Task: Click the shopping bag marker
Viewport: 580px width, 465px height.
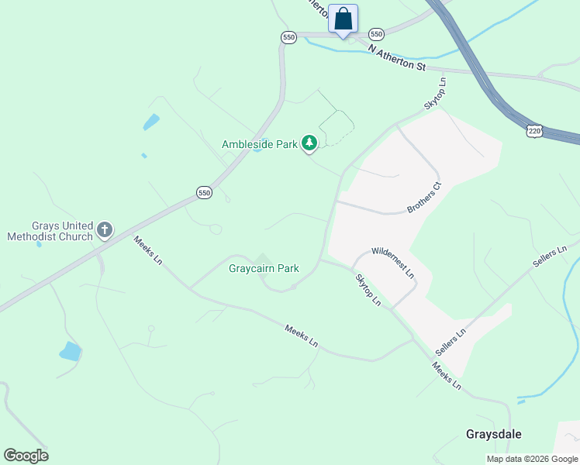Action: point(344,19)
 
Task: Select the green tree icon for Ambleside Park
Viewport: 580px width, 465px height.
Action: point(309,143)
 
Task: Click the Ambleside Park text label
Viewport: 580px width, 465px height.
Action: point(260,144)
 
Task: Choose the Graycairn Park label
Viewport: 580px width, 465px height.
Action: point(264,269)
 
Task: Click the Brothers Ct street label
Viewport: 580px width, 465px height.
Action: point(424,198)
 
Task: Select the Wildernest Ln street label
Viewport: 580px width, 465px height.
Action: point(393,263)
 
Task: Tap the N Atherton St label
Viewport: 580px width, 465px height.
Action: point(397,58)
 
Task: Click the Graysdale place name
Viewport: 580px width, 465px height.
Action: point(492,434)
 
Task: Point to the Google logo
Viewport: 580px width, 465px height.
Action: point(26,456)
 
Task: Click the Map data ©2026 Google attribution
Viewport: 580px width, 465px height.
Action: point(531,459)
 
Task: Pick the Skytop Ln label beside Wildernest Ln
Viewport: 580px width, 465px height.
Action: point(368,289)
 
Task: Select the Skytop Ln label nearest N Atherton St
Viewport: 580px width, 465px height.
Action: point(436,93)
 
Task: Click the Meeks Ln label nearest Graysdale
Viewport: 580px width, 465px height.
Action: point(447,376)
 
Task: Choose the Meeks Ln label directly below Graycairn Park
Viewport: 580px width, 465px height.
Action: point(301,335)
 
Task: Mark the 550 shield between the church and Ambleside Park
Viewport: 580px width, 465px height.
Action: point(204,193)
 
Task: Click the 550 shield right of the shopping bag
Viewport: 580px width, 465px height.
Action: point(376,34)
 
